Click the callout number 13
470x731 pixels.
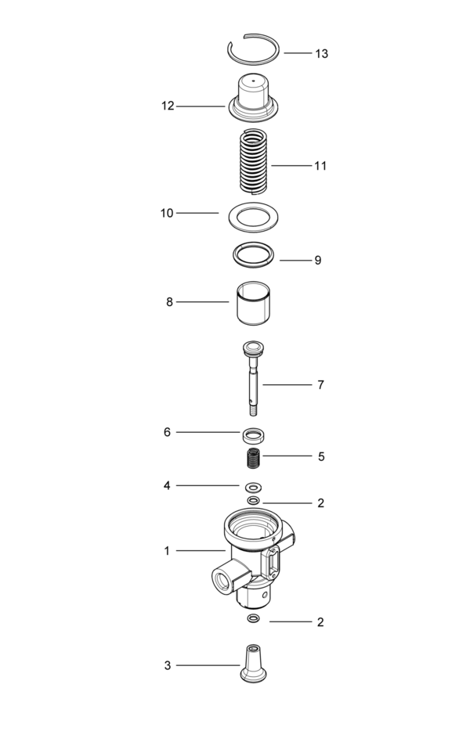[x=321, y=54]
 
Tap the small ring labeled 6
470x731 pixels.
[x=252, y=434]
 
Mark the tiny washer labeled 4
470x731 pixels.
[x=253, y=486]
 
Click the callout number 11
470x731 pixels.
[x=320, y=166]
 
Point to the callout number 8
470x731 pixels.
[x=169, y=302]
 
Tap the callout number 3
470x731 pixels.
[x=167, y=666]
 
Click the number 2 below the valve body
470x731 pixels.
[x=320, y=623]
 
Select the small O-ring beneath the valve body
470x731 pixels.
[x=253, y=619]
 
